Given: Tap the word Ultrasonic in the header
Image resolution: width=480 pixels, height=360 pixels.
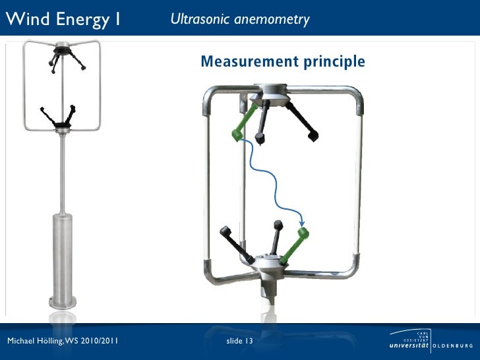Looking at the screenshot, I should coord(196,19).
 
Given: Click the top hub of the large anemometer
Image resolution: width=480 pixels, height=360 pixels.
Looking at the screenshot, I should coord(271,92).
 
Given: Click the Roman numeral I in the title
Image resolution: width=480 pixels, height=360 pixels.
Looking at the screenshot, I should coord(117,19).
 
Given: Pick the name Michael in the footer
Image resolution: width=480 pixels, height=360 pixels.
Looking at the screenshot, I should coord(20,342).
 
